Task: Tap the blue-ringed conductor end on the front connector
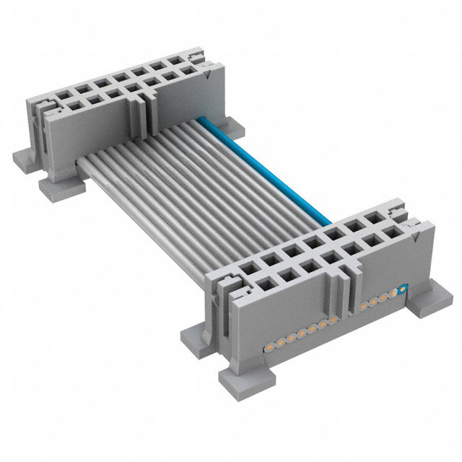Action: coord(403,289)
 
